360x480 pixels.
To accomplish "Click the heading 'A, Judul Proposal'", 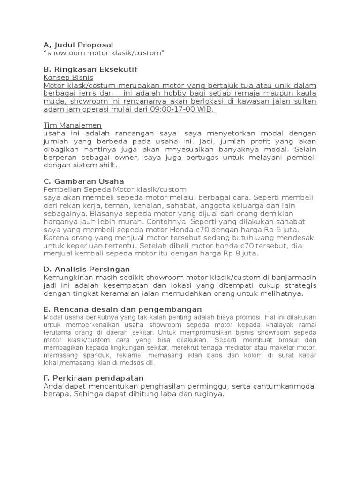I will pos(78,45).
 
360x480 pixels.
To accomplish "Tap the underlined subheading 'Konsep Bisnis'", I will pos(68,77).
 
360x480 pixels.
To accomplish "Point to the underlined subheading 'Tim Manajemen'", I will pos(72,126).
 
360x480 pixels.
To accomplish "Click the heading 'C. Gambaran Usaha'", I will pos(83,181).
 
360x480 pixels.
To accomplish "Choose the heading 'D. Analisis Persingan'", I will pos(86,269).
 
